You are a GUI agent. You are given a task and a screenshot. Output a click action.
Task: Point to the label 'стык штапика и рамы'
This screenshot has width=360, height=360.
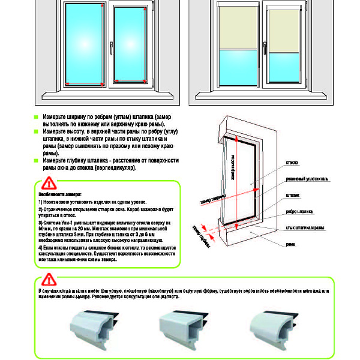click(x=305, y=228)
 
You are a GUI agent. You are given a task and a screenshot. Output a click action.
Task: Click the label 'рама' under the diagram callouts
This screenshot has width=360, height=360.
click(x=290, y=244)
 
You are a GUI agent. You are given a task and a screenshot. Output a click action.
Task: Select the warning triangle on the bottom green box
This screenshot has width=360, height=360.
click(x=48, y=279)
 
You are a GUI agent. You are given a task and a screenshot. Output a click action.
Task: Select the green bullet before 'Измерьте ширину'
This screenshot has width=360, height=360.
click(x=36, y=115)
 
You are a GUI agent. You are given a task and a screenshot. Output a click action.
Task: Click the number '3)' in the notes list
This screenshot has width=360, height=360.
click(x=40, y=223)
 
